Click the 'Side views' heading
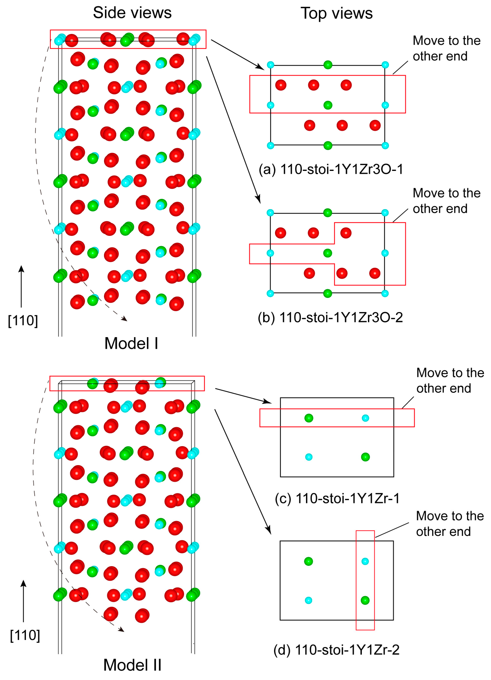pyautogui.click(x=132, y=13)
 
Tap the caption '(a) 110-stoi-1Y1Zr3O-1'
pyautogui.click(x=331, y=169)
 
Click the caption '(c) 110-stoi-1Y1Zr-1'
pyautogui.click(x=337, y=498)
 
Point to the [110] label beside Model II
pyautogui.click(x=25, y=635)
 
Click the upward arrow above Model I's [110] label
pyautogui.click(x=21, y=286)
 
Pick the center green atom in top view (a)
pyautogui.click(x=328, y=105)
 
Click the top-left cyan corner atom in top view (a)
pyautogui.click(x=270, y=65)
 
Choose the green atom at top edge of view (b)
pyautogui.click(x=328, y=213)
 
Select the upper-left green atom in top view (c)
pyautogui.click(x=309, y=418)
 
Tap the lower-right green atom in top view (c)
pyautogui.click(x=365, y=457)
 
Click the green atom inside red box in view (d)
pyautogui.click(x=365, y=600)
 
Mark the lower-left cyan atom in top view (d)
pyautogui.click(x=308, y=600)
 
